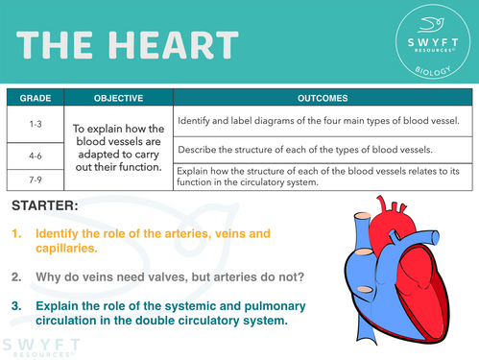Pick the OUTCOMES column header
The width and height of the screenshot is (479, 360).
tap(323, 98)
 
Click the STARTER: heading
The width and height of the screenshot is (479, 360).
tap(47, 206)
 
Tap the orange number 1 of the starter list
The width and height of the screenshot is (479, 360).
tap(16, 233)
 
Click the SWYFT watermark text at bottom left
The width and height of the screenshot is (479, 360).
tap(34, 343)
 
